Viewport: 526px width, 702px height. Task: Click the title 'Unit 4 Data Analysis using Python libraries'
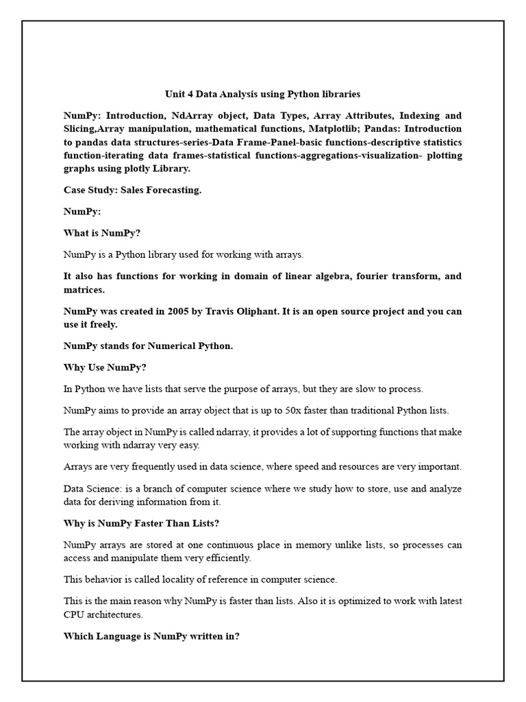[262, 93]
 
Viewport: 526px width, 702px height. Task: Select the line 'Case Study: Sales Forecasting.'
[132, 190]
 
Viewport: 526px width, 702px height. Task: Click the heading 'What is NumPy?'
[101, 232]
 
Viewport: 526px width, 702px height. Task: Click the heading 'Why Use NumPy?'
[105, 367]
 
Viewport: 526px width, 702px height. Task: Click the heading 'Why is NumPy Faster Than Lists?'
[141, 524]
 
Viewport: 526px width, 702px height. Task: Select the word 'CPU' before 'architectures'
[75, 614]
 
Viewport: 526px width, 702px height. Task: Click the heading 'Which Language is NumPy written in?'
[151, 636]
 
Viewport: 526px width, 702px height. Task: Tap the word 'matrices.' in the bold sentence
[84, 289]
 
